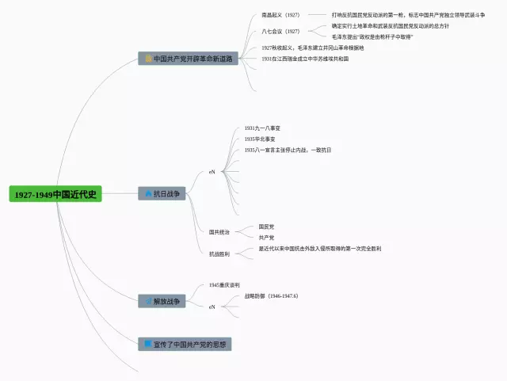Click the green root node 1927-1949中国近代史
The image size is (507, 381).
pyautogui.click(x=55, y=194)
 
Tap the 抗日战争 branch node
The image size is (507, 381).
pyautogui.click(x=162, y=192)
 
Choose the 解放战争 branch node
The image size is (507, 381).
pyautogui.click(x=162, y=301)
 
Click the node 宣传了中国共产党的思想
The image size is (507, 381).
pyautogui.click(x=185, y=344)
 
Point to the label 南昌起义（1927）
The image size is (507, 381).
pyautogui.click(x=280, y=14)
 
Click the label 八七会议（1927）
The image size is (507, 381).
pyautogui.click(x=280, y=31)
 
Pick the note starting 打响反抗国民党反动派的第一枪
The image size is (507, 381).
pyautogui.click(x=402, y=14)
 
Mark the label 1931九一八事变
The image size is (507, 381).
pyautogui.click(x=262, y=128)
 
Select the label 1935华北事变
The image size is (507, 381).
pyautogui.click(x=260, y=139)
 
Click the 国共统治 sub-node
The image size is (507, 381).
pyautogui.click(x=219, y=232)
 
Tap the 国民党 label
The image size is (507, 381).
pyautogui.click(x=266, y=227)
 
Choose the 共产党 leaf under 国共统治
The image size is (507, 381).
pyautogui.click(x=266, y=237)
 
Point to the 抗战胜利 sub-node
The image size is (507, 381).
pyautogui.click(x=219, y=254)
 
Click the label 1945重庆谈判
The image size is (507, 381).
pyautogui.click(x=224, y=284)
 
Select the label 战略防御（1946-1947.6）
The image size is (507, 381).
pyautogui.click(x=271, y=295)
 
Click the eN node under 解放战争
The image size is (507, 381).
pyautogui.click(x=212, y=307)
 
